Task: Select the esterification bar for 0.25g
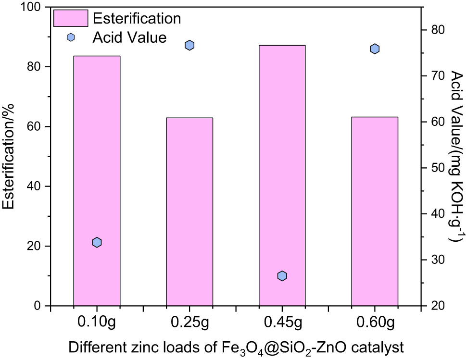click(189, 211)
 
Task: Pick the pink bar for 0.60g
click(375, 211)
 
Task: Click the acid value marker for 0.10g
click(97, 242)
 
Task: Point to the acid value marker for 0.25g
click(189, 45)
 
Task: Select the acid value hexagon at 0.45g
click(282, 276)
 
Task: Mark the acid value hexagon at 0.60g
click(375, 49)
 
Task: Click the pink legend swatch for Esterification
click(71, 19)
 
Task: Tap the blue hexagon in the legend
click(71, 37)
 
